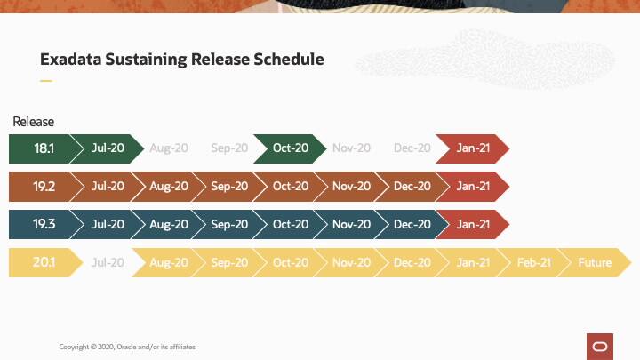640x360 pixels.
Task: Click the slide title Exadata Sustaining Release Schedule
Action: (181, 60)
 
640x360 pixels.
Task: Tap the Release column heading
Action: (34, 122)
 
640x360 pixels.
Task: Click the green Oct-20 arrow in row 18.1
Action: (291, 148)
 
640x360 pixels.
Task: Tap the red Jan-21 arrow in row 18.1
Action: (473, 148)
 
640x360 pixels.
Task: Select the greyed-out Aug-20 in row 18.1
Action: (169, 148)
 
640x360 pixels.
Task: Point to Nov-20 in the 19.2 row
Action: (351, 187)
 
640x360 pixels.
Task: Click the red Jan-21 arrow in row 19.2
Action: (473, 187)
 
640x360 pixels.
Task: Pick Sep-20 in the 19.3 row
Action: (229, 225)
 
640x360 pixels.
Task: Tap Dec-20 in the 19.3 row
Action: (412, 225)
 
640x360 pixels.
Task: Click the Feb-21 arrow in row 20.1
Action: (533, 263)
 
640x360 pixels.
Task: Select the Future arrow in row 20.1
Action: (595, 263)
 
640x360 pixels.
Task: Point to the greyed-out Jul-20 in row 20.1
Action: (108, 263)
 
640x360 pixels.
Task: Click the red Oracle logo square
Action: (599, 346)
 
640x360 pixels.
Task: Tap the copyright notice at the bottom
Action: (127, 347)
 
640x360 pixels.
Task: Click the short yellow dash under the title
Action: (46, 81)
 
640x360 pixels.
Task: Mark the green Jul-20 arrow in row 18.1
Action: (108, 148)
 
